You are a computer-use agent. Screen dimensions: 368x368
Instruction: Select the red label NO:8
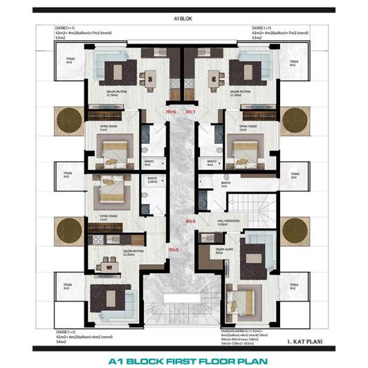(x=191, y=221)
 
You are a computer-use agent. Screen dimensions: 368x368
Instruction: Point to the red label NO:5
(x=173, y=249)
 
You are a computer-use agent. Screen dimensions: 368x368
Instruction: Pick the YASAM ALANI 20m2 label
(x=223, y=252)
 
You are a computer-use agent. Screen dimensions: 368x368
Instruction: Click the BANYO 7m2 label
(x=224, y=185)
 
